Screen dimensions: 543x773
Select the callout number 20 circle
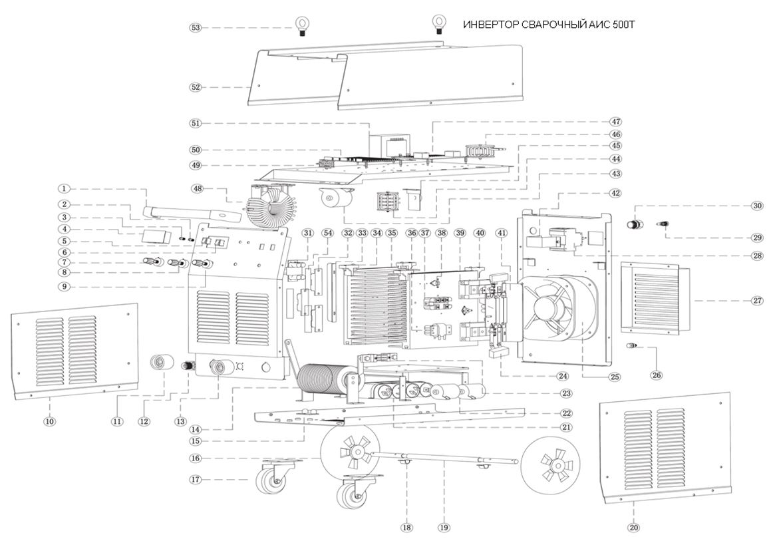click(633, 528)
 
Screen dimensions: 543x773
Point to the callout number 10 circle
click(50, 421)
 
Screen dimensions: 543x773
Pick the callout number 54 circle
click(327, 233)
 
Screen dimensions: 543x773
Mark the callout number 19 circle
click(444, 528)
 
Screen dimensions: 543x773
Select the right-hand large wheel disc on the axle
click(551, 463)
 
